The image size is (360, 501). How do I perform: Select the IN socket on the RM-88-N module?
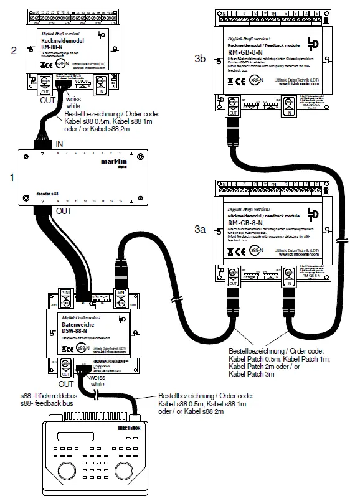pyautogui.click(x=102, y=82)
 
